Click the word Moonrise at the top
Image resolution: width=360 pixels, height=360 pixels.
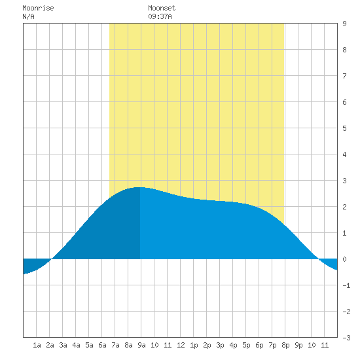(38, 8)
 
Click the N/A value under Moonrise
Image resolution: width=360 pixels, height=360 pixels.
(28, 16)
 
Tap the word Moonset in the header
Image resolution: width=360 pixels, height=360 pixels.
(162, 8)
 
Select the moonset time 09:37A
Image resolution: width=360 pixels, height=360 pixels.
(160, 16)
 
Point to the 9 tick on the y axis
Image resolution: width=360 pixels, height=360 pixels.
(344, 24)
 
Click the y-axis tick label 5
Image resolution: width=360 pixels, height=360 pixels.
(344, 128)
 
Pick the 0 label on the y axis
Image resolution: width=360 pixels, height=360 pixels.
(344, 259)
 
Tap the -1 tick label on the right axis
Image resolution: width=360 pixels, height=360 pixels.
(346, 285)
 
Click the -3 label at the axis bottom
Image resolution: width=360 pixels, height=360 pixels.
(346, 338)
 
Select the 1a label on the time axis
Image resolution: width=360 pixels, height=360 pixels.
(37, 345)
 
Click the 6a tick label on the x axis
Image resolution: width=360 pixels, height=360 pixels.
(102, 345)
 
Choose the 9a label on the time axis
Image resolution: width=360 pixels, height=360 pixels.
(141, 345)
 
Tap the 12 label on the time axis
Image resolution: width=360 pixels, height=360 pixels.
(181, 345)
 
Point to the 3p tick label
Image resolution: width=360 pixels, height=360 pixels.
(220, 345)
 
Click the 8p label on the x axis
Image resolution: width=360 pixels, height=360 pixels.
(285, 345)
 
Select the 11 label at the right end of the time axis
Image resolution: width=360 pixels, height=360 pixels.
(325, 345)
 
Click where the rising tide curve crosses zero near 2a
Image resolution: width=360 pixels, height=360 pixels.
(52, 259)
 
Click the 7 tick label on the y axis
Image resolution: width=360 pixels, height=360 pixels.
(344, 76)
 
